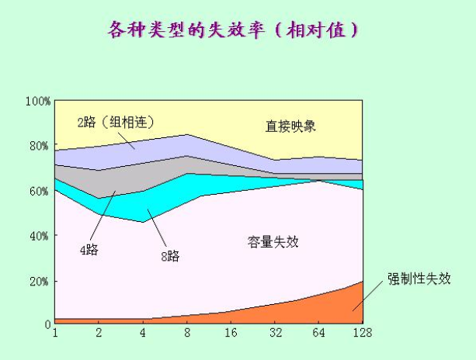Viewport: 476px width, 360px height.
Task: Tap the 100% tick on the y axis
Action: [x=38, y=101]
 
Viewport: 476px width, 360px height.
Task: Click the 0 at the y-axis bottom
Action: [x=47, y=325]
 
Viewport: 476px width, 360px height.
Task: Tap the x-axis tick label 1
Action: [x=55, y=334]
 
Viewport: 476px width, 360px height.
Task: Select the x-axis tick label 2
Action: [x=99, y=334]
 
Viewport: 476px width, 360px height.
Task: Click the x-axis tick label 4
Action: [x=143, y=334]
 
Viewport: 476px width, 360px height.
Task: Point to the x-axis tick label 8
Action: [x=187, y=334]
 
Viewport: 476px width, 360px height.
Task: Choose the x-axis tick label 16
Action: [x=231, y=334]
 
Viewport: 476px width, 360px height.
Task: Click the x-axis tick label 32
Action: [x=275, y=334]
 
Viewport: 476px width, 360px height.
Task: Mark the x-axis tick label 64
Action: [x=319, y=334]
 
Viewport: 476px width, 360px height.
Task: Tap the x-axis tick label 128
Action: [x=363, y=334]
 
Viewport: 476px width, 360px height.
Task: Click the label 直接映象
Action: [x=290, y=126]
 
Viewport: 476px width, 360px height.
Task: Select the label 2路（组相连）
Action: [x=116, y=122]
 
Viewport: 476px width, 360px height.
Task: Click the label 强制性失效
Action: [x=420, y=278]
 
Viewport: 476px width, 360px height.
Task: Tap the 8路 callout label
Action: [x=170, y=256]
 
